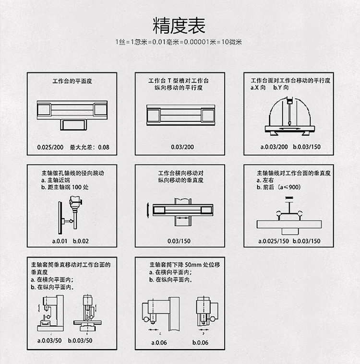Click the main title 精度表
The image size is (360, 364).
point(180,24)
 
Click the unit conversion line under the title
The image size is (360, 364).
point(180,42)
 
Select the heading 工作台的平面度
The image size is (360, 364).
point(72,81)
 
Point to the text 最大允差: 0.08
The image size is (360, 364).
point(90,147)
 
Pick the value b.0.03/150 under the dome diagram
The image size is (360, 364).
point(306,147)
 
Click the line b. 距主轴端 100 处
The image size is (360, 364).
point(65,187)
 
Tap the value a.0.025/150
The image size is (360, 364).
point(274,241)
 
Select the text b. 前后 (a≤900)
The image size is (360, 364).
point(279,187)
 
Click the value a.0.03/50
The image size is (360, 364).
point(49,341)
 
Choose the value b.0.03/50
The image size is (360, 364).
point(80,341)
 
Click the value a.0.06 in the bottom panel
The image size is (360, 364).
point(158,342)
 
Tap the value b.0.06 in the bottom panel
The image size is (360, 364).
point(200,342)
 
